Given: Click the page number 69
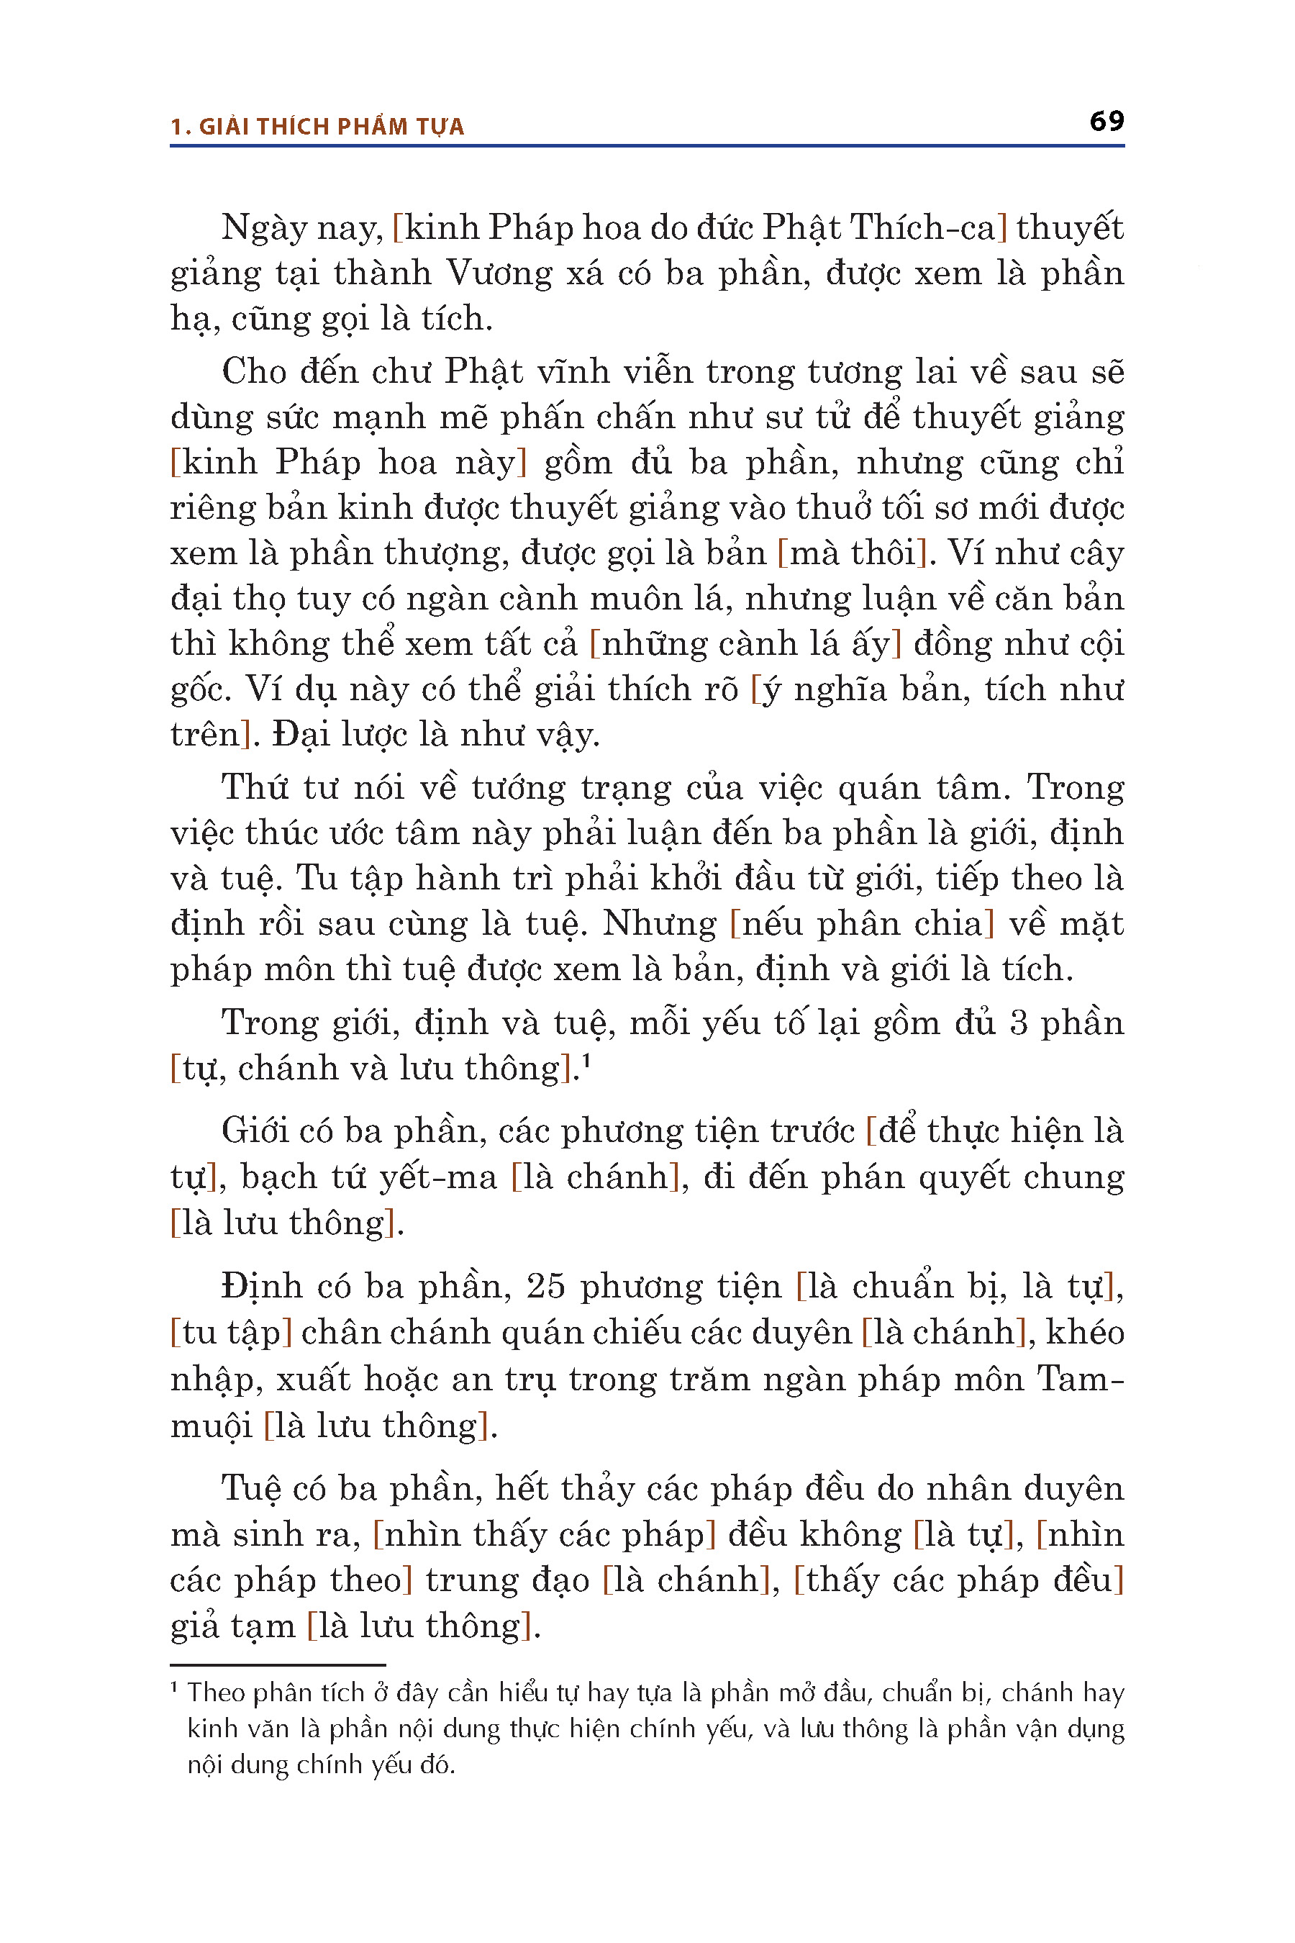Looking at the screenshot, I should (1106, 122).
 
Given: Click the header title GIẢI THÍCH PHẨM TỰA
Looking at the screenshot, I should (331, 127).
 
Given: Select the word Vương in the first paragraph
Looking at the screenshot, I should (498, 273).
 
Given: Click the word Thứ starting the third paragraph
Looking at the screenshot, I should (255, 787).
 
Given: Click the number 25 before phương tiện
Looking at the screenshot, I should (545, 1286).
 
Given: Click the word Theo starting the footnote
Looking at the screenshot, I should (217, 1693).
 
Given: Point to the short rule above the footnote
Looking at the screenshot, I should (278, 1665).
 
